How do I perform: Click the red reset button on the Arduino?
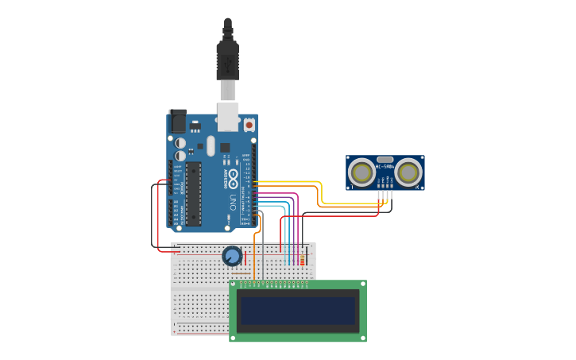pos(249,125)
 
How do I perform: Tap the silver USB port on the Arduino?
pos(228,116)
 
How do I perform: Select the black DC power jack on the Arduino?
pos(178,120)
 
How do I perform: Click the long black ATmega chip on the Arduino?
pos(193,194)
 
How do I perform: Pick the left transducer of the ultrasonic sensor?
pos(361,172)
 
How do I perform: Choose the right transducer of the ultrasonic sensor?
pos(408,172)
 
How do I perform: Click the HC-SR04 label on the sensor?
pos(385,167)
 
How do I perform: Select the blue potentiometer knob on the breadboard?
pos(232,256)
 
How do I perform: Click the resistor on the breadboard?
pos(302,257)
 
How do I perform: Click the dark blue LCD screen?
pos(298,310)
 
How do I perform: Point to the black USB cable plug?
pos(227,60)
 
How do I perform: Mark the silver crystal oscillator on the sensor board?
pos(385,160)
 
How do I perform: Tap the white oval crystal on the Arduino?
pos(211,145)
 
